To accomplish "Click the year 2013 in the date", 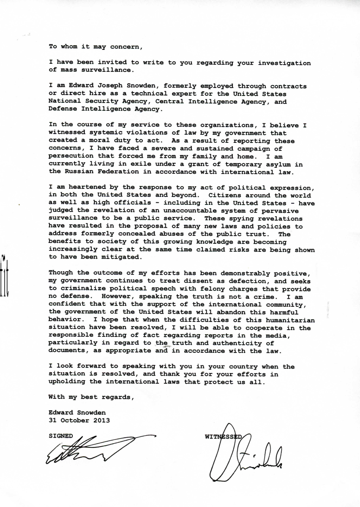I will pyautogui.click(x=102, y=420).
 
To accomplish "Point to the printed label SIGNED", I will pyautogui.click(x=61, y=436).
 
